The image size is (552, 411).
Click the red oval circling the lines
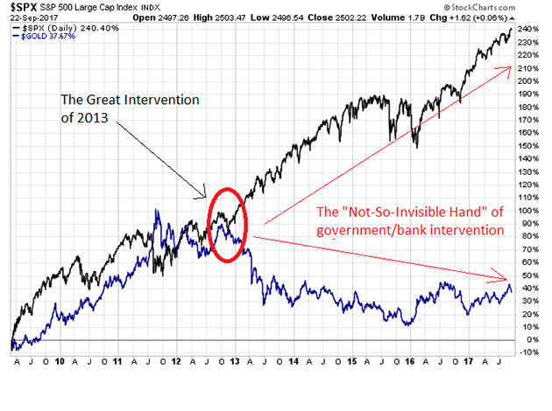[x=227, y=223]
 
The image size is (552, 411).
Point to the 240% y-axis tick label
[x=529, y=29]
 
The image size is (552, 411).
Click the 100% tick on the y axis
[x=529, y=210]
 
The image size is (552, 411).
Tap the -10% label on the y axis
[x=529, y=352]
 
